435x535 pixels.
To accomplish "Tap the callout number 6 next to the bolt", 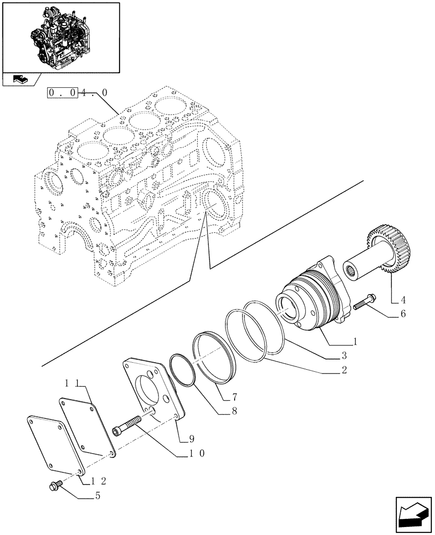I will pyautogui.click(x=402, y=314).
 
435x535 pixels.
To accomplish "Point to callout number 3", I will pyautogui.click(x=344, y=355).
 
